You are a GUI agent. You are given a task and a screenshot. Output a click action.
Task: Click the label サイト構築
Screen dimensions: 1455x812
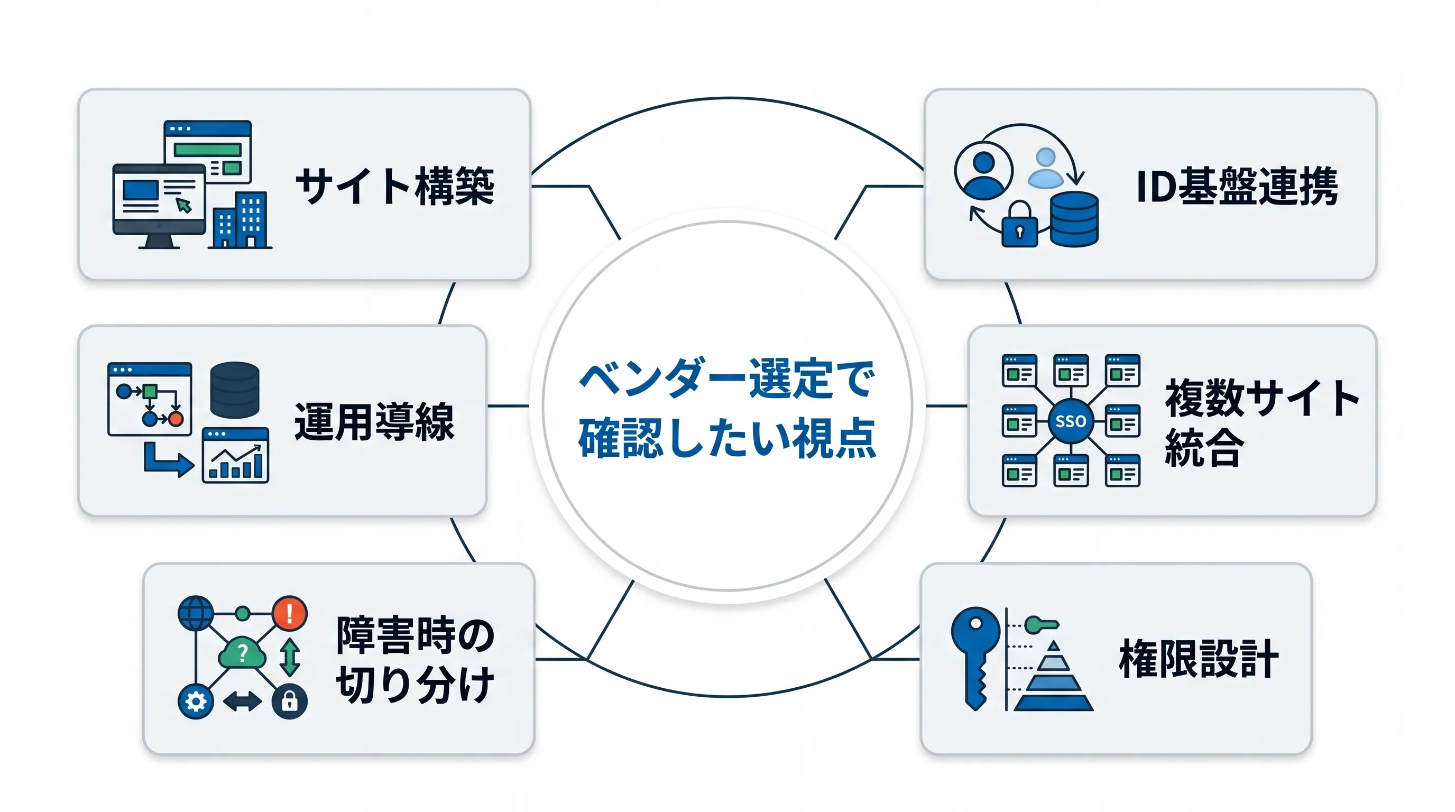(x=395, y=186)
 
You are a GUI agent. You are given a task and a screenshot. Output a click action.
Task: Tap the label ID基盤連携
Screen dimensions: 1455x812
(x=1237, y=186)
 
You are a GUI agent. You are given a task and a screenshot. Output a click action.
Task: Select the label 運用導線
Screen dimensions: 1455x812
(x=374, y=421)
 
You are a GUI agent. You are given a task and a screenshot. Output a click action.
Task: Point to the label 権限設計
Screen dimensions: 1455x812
(x=1199, y=658)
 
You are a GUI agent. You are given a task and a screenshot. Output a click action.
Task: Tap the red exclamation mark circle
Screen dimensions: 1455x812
(x=290, y=613)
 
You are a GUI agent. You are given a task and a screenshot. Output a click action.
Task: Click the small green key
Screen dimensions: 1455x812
(x=1042, y=624)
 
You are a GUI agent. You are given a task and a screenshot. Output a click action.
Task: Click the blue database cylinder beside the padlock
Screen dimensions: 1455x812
(x=1074, y=219)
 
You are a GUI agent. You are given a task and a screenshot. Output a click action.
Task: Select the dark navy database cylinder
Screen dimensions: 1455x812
(x=234, y=390)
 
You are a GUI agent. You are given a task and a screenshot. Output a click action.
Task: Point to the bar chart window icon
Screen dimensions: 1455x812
(x=235, y=455)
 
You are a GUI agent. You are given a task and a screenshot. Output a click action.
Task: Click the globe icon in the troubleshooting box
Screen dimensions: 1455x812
(x=196, y=613)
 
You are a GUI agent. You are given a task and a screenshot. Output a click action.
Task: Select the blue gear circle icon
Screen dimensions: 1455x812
(x=196, y=702)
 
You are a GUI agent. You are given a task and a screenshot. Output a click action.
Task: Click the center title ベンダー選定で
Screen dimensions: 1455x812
(x=727, y=379)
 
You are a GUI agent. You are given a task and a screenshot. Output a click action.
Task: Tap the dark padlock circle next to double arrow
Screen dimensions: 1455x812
(x=290, y=702)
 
